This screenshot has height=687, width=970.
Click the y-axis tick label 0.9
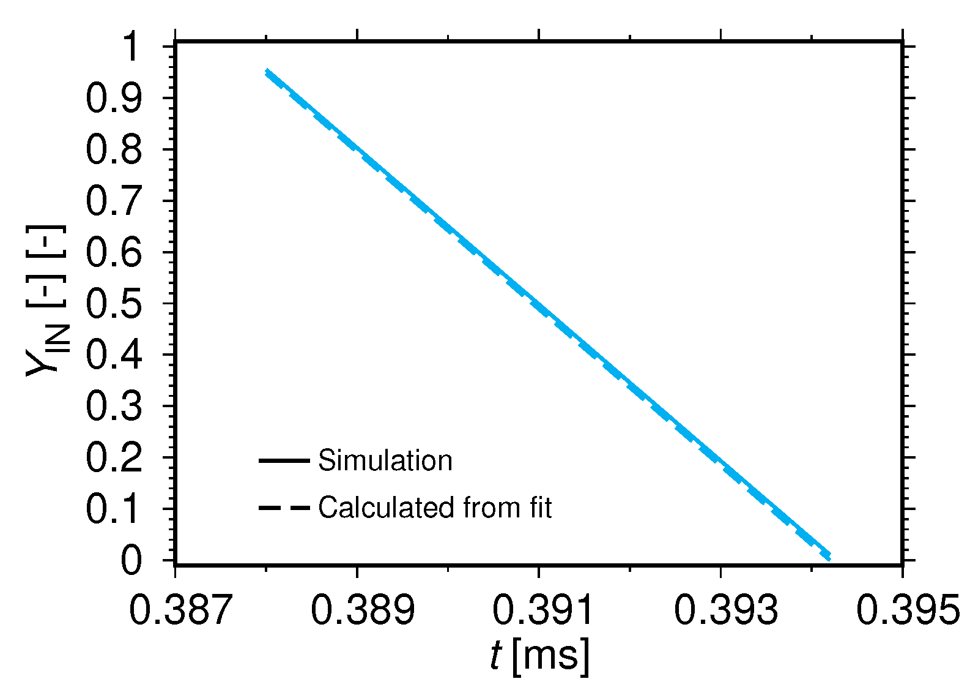coord(114,99)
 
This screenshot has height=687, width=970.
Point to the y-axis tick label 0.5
coord(114,304)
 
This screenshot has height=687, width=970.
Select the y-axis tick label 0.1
coord(114,509)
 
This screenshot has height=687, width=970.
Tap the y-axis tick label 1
coord(130,47)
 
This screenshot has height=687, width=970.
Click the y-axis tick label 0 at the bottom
coord(131,560)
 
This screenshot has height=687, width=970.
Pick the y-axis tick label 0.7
coord(114,201)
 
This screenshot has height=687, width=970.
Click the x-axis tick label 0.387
coord(181,610)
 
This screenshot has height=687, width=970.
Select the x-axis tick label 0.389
coord(363,610)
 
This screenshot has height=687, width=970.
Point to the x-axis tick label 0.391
coord(544,610)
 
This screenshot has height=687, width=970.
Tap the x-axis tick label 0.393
coord(726,610)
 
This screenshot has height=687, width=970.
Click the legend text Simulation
coord(385,460)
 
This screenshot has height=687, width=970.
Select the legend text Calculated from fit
coord(435,508)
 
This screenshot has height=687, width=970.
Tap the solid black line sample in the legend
coord(284,460)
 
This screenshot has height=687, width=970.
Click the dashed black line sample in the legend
coord(284,508)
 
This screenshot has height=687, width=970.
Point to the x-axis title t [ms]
coord(540,656)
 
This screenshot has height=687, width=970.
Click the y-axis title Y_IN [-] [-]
coord(47,301)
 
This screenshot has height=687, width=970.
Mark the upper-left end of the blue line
coord(267,72)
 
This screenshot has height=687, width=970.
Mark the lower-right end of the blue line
coord(829,555)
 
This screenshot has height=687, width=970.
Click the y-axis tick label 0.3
coord(114,406)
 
